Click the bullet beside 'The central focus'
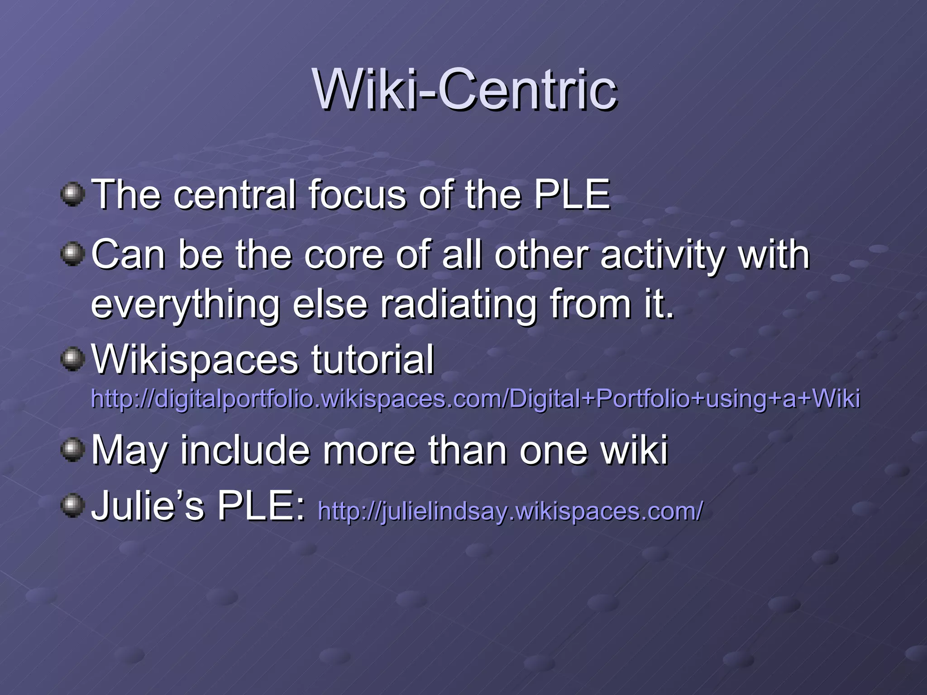72,195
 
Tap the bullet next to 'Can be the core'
72,254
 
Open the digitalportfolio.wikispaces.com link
475,399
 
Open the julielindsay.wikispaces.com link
510,511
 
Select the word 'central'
234,195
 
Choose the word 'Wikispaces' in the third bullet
195,360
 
